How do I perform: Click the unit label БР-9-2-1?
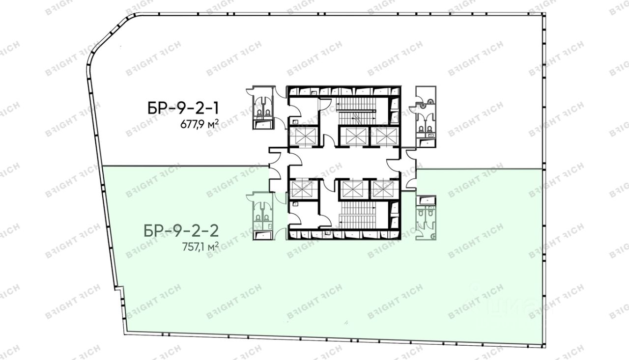(x=183, y=109)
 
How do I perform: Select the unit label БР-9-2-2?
(x=181, y=231)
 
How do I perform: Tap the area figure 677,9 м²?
(x=200, y=124)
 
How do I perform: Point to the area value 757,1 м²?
(x=200, y=247)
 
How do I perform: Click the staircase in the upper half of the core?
(x=357, y=111)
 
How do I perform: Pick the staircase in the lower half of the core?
(x=357, y=215)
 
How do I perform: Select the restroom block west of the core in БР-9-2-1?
(x=263, y=108)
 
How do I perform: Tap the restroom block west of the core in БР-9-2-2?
(x=263, y=216)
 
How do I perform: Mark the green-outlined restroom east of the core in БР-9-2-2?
(x=426, y=218)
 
